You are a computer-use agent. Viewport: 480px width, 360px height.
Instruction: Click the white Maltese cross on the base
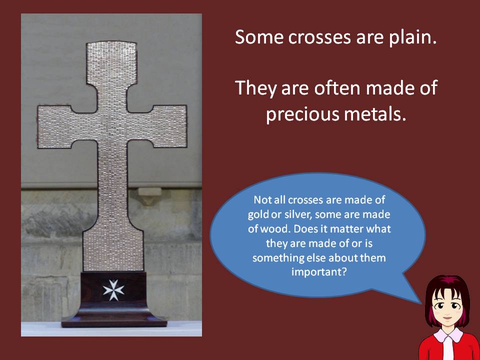(x=113, y=289)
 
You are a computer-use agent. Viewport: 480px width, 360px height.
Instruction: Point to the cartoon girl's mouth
(x=447, y=318)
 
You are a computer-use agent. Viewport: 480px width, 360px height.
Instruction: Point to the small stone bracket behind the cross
(x=149, y=196)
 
